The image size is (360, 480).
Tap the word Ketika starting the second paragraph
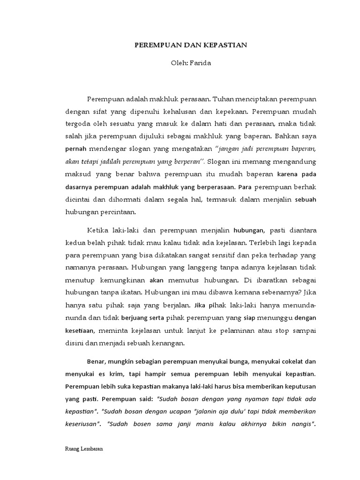pos(98,230)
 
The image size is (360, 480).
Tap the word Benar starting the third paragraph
pos(97,362)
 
